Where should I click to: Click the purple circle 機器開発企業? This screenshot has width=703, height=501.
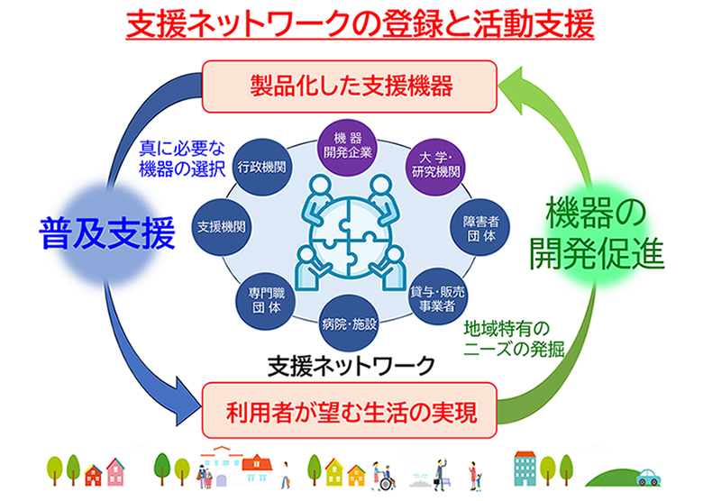[346, 145]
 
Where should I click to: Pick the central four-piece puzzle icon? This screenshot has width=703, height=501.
[349, 231]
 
